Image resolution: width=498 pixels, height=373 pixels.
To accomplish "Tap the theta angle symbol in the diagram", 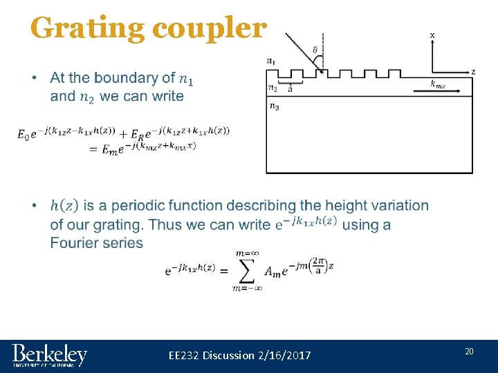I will (315, 50).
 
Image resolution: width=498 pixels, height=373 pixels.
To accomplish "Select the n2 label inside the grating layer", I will (273, 88).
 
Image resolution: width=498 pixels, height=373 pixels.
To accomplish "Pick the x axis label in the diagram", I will (432, 35).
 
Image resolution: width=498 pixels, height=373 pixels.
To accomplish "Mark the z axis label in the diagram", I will (472, 71).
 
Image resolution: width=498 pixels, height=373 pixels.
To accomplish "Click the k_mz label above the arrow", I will (438, 84).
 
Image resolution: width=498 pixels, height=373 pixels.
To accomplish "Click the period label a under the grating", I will (290, 88).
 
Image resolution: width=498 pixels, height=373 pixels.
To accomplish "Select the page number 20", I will (469, 352).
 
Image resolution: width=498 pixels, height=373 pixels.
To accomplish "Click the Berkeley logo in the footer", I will (50, 355).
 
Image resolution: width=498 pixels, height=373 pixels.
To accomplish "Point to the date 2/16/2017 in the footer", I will (284, 355).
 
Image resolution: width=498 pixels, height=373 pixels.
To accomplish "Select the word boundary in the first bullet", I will (136, 78).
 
